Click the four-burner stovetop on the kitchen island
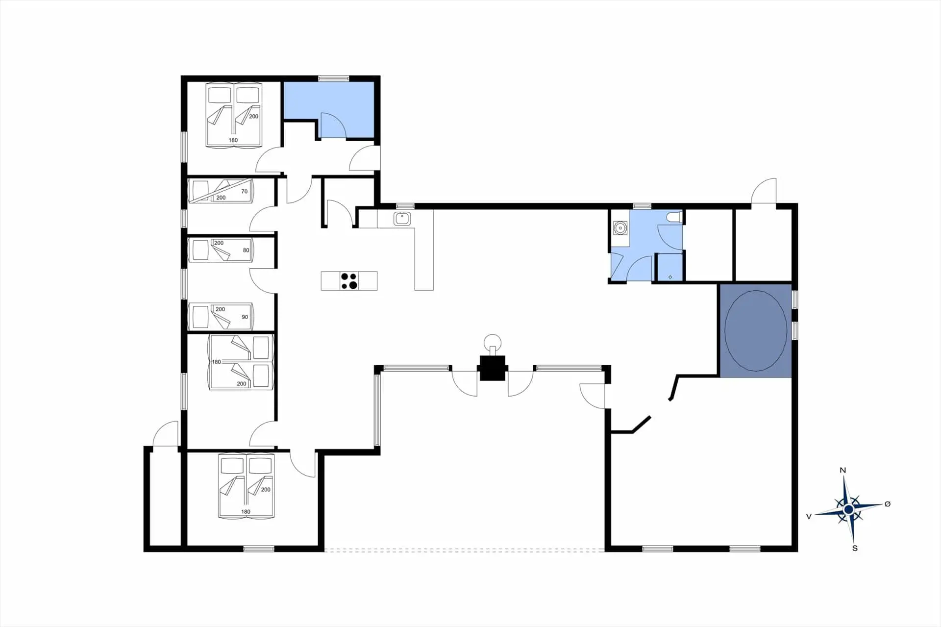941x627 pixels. [349, 281]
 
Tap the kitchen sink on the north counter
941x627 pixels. [402, 218]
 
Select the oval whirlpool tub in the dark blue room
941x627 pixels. [756, 330]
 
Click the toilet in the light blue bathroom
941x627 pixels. [674, 217]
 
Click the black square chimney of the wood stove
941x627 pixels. [492, 368]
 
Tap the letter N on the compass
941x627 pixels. [843, 470]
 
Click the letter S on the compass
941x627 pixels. [855, 548]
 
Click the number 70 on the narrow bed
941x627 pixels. [244, 192]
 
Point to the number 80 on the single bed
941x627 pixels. [246, 250]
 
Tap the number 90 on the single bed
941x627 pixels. [245, 317]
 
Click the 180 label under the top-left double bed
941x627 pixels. [233, 140]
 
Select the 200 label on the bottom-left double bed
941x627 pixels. [266, 490]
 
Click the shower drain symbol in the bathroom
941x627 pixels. [670, 277]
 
